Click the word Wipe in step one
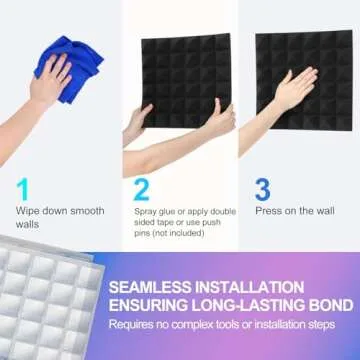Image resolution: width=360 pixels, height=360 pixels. (x=26, y=210)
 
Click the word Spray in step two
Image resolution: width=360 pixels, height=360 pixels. (x=145, y=210)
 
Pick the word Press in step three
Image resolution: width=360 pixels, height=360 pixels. (x=268, y=210)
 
